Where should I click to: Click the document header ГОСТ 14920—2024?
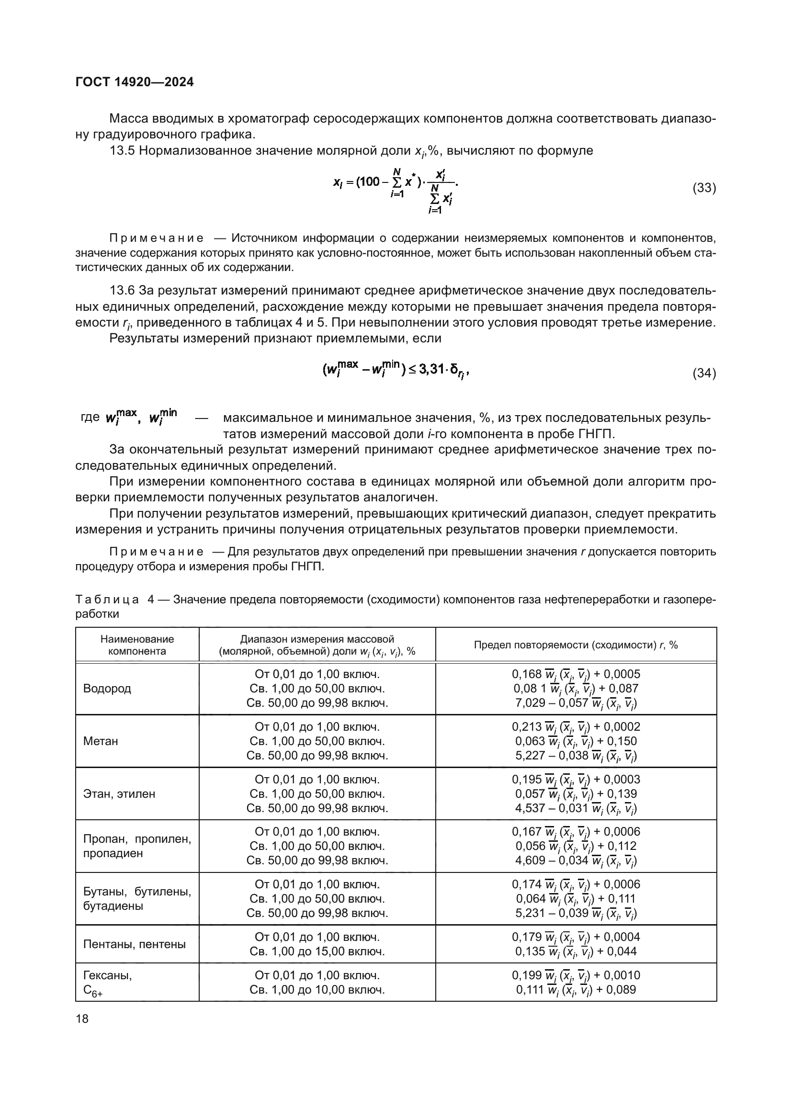[135, 82]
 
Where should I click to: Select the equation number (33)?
[704, 188]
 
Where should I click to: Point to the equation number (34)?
[704, 373]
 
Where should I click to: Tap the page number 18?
[82, 1018]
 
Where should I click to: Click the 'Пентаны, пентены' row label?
[135, 944]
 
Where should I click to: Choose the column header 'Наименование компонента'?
[137, 645]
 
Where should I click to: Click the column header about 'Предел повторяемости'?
[576, 645]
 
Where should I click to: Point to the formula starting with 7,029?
[576, 703]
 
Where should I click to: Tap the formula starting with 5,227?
[576, 756]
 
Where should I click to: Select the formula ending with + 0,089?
[576, 990]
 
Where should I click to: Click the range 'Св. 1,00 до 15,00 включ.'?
[317, 951]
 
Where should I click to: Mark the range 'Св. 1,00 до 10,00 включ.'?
[317, 990]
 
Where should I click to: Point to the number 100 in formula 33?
[369, 182]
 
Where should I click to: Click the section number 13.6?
[122, 291]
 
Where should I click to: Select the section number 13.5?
[122, 151]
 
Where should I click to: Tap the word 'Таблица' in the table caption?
[107, 599]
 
